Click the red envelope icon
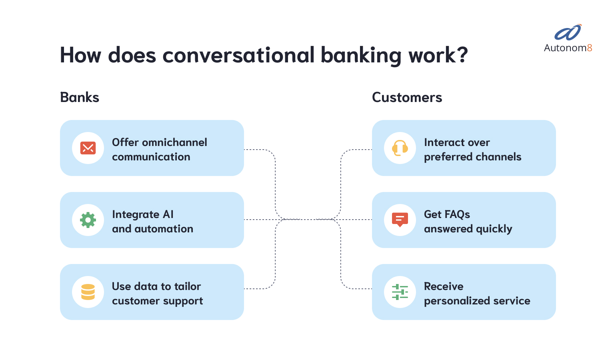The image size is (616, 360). point(88,148)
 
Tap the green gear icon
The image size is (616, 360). point(88,220)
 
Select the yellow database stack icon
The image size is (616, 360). point(88,292)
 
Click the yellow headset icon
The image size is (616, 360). point(400,148)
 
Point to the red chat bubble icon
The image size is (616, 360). point(400,220)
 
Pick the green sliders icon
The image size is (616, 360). point(400,292)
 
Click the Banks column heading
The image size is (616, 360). point(80,97)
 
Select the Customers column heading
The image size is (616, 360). point(407,97)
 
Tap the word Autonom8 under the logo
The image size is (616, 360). point(568,48)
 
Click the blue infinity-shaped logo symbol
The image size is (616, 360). point(568,33)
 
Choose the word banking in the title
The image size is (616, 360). point(361,55)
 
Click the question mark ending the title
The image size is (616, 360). point(463,55)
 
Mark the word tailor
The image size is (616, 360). point(188,286)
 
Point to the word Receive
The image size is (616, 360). point(444,286)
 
